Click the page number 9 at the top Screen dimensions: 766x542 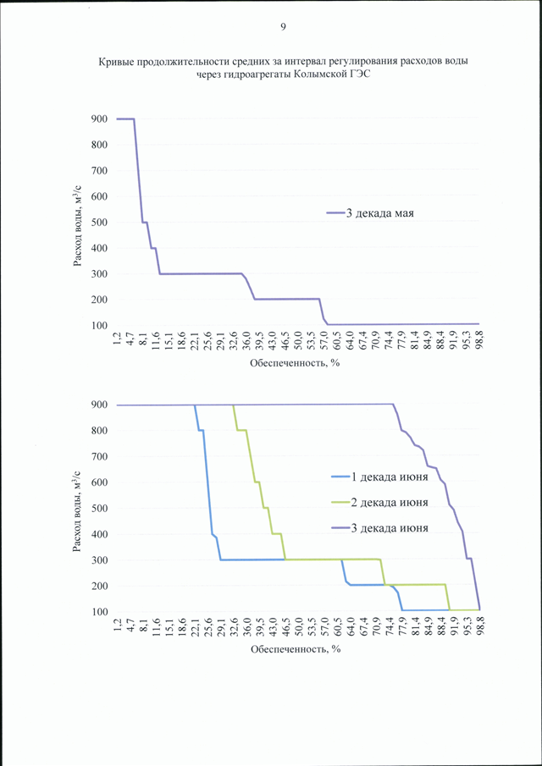(283, 27)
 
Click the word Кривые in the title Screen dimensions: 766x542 (119, 62)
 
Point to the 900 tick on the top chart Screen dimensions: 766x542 (98, 119)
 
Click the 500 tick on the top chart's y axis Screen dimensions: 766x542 (98, 223)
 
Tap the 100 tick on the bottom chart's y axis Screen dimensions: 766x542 (98, 612)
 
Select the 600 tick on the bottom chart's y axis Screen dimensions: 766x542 (98, 482)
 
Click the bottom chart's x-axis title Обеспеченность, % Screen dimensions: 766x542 (295, 650)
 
